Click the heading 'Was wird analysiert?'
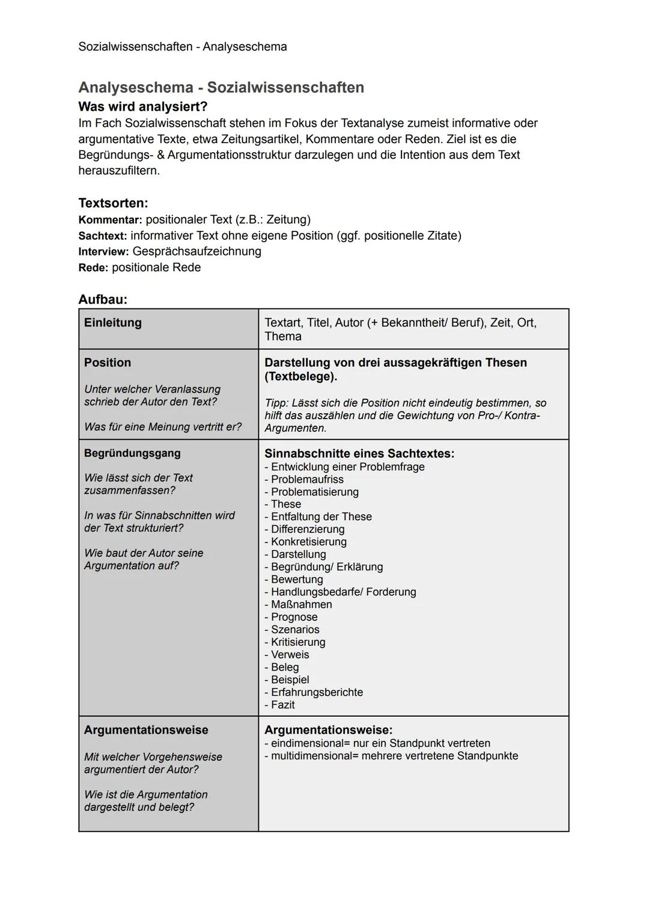tap(143, 107)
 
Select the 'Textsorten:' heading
tap(113, 203)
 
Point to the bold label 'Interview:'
tap(103, 251)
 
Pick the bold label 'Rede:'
tap(93, 268)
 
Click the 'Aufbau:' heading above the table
tap(103, 299)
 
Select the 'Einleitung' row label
tap(113, 323)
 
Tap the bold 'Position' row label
tap(108, 363)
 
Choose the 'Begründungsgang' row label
tap(132, 453)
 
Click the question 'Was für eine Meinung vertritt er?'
tap(163, 427)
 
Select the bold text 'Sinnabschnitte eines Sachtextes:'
tap(359, 453)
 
